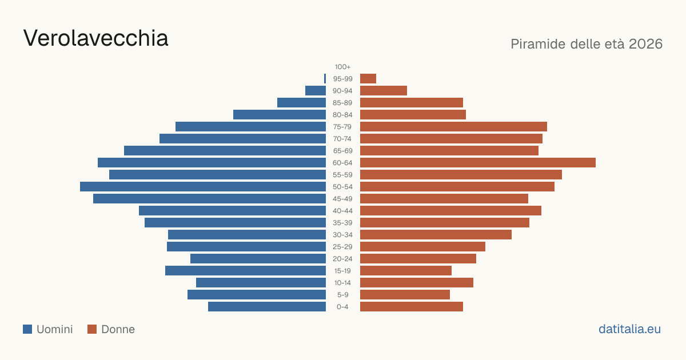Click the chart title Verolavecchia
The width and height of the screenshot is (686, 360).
(96, 38)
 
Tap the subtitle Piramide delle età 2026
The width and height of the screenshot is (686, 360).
(587, 44)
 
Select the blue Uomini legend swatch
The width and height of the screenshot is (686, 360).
(27, 329)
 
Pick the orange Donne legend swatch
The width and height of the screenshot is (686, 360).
(92, 329)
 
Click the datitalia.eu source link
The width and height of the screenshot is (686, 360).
(629, 329)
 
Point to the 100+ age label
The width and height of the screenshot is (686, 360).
(342, 67)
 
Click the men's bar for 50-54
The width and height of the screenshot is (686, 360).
(203, 187)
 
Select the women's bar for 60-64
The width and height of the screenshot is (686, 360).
(478, 162)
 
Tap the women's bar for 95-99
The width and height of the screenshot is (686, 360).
(368, 79)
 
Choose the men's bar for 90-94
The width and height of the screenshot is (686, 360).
(316, 91)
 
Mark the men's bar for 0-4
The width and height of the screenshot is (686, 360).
(267, 307)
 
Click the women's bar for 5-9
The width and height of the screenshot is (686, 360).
(405, 295)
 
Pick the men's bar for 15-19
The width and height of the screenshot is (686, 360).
(246, 271)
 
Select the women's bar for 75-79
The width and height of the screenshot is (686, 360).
(453, 127)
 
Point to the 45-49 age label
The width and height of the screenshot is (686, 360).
(342, 199)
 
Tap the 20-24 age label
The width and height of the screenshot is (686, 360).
(342, 259)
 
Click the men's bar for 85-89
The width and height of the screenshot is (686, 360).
(302, 102)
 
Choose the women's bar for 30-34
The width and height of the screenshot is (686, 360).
(436, 235)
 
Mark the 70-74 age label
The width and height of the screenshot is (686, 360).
(342, 139)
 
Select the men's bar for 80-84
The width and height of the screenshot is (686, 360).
(280, 114)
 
